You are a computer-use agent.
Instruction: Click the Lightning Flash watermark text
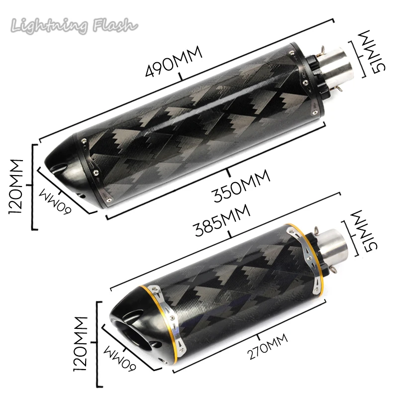point(74,25)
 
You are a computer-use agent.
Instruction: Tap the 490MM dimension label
point(174,62)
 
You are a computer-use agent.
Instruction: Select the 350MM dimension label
point(241,186)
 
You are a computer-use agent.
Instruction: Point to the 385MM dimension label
point(222,220)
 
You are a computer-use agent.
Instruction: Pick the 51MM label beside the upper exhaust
point(376,52)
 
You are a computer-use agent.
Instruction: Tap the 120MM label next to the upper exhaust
point(16,187)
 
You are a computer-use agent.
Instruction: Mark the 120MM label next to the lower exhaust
point(80,344)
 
